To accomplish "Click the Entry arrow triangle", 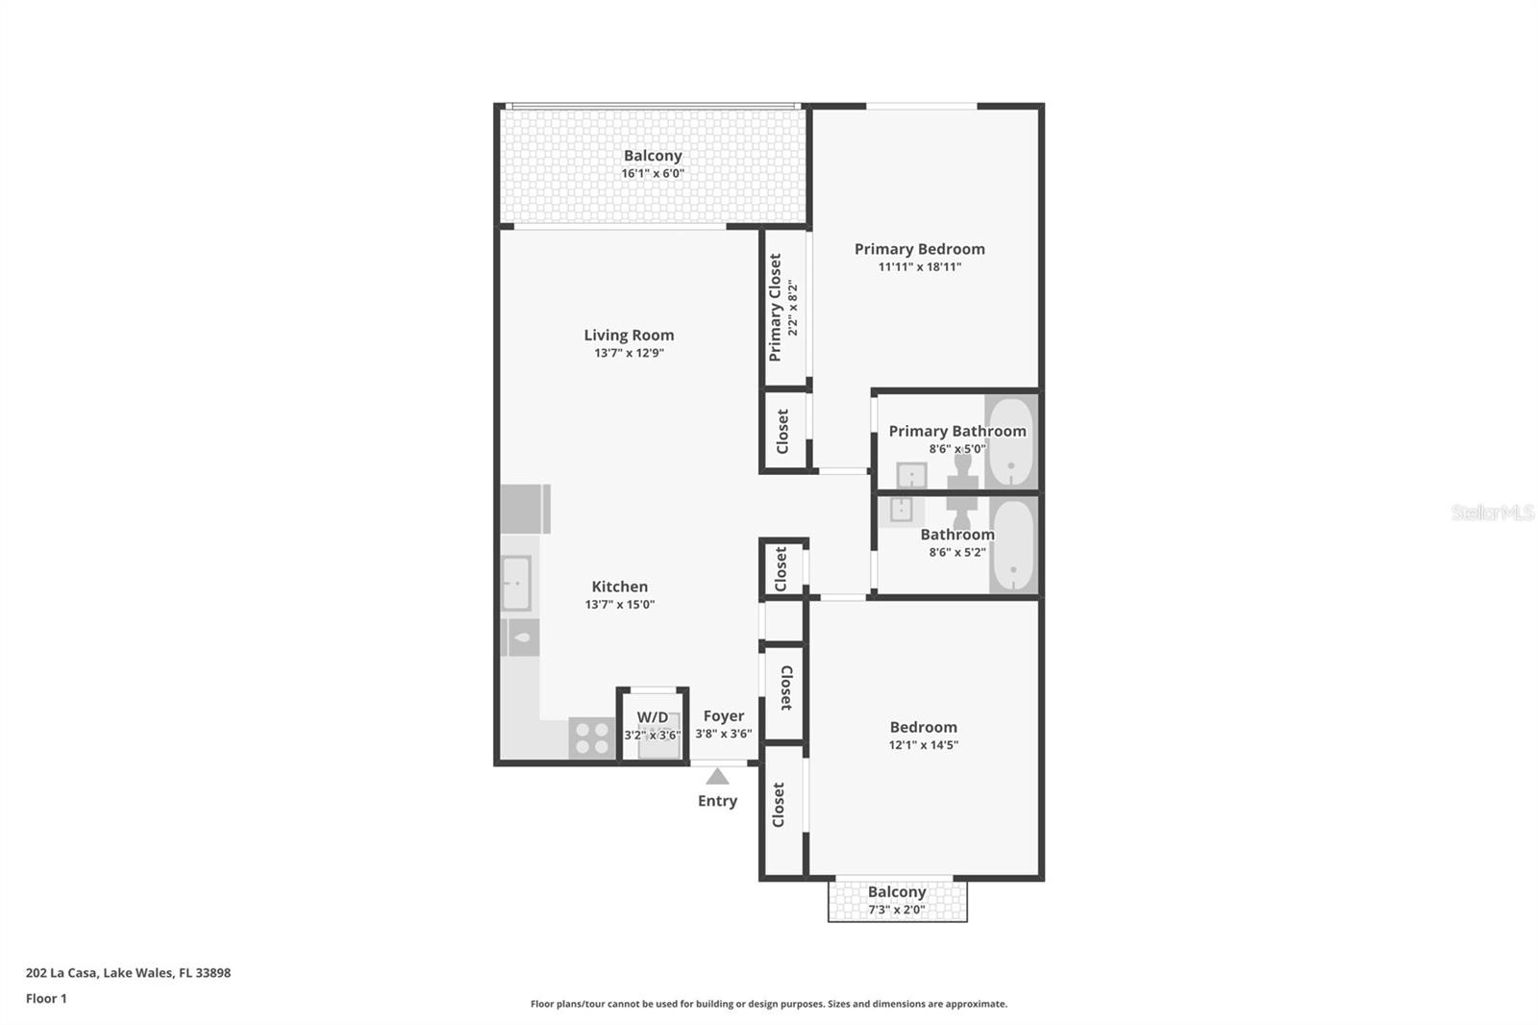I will point(717,776).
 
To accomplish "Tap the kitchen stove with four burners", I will point(591,738).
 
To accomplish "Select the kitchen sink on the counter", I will point(516,583).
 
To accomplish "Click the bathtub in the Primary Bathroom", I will point(1010,442).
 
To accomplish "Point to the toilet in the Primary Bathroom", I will point(962,470).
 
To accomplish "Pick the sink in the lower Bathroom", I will point(901,510).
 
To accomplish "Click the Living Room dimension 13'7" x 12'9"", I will point(629,353).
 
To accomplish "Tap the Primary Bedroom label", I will point(919,249).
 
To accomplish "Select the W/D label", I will point(653,716).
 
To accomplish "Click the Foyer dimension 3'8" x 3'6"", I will point(723,734).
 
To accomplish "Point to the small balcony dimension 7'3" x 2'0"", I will point(896,910).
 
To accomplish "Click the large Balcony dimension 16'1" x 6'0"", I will point(653,173).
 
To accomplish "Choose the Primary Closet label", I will point(775,308).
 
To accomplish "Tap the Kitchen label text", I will point(619,587).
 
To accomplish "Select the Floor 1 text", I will point(46,998).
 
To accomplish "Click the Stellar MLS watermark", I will point(1492,512).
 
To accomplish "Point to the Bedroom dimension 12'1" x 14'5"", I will point(923,744).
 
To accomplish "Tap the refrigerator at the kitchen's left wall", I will point(524,509).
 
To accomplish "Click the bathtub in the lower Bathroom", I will point(1012,545).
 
